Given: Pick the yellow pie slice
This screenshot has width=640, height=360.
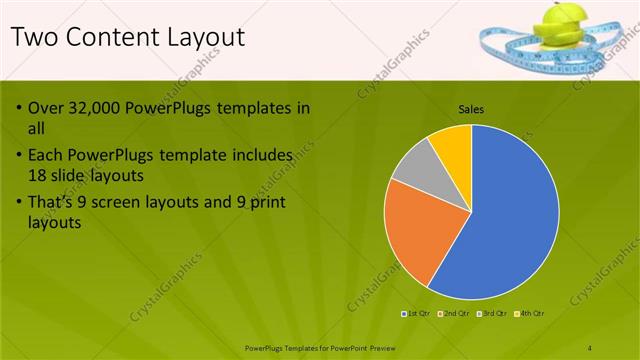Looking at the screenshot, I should (x=453, y=142).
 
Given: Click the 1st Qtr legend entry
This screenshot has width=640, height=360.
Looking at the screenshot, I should (x=419, y=314).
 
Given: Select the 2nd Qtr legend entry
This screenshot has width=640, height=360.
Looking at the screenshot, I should (x=456, y=314).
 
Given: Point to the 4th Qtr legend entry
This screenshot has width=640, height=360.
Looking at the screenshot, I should (x=530, y=314).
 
